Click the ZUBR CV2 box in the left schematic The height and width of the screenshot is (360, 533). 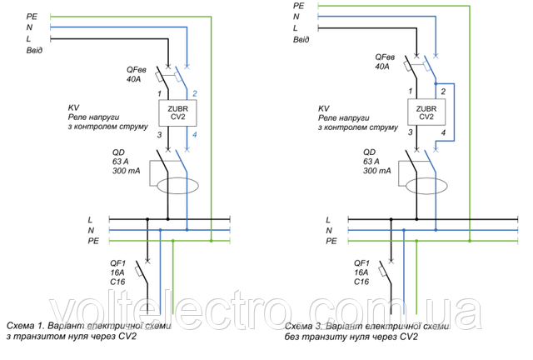coord(177,112)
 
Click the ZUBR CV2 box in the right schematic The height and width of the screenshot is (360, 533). coord(426,112)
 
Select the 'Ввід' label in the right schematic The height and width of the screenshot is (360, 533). coord(301,39)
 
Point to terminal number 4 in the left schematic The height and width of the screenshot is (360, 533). coord(195,135)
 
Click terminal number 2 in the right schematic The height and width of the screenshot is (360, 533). coord(444,91)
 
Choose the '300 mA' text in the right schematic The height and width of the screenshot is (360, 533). coord(377,171)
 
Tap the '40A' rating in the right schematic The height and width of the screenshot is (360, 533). coord(383,67)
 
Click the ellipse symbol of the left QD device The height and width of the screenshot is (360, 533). coord(178,184)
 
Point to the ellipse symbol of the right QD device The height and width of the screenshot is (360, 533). coord(427,184)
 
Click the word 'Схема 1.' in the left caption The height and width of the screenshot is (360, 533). coord(27,326)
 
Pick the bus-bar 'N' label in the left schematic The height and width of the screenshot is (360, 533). coord(90,230)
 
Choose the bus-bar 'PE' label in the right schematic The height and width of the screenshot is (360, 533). coord(331,241)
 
